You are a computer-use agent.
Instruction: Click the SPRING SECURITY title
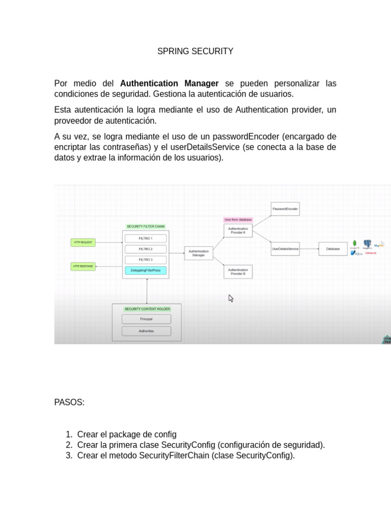[195, 51]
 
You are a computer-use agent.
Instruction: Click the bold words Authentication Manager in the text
[170, 83]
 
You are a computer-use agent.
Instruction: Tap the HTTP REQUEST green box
[83, 243]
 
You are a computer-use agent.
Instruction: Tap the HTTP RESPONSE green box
[83, 266]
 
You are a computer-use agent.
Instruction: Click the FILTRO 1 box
[146, 238]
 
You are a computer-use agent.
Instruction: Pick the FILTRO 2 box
[146, 249]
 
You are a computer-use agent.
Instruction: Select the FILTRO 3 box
[146, 260]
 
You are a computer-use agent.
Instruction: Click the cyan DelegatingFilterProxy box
[146, 271]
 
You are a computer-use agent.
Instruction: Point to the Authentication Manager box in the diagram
[199, 253]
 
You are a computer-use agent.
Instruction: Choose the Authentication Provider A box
[238, 230]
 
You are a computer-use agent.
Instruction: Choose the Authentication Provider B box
[238, 272]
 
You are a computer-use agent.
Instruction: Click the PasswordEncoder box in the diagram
[285, 209]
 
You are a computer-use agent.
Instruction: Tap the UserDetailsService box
[285, 249]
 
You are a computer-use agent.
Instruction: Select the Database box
[333, 249]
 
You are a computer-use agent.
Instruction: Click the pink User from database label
[238, 220]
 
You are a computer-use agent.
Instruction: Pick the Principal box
[146, 319]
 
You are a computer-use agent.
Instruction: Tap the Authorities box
[146, 331]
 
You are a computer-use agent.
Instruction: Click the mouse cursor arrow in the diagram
[231, 298]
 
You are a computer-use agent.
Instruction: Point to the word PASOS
[69, 402]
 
